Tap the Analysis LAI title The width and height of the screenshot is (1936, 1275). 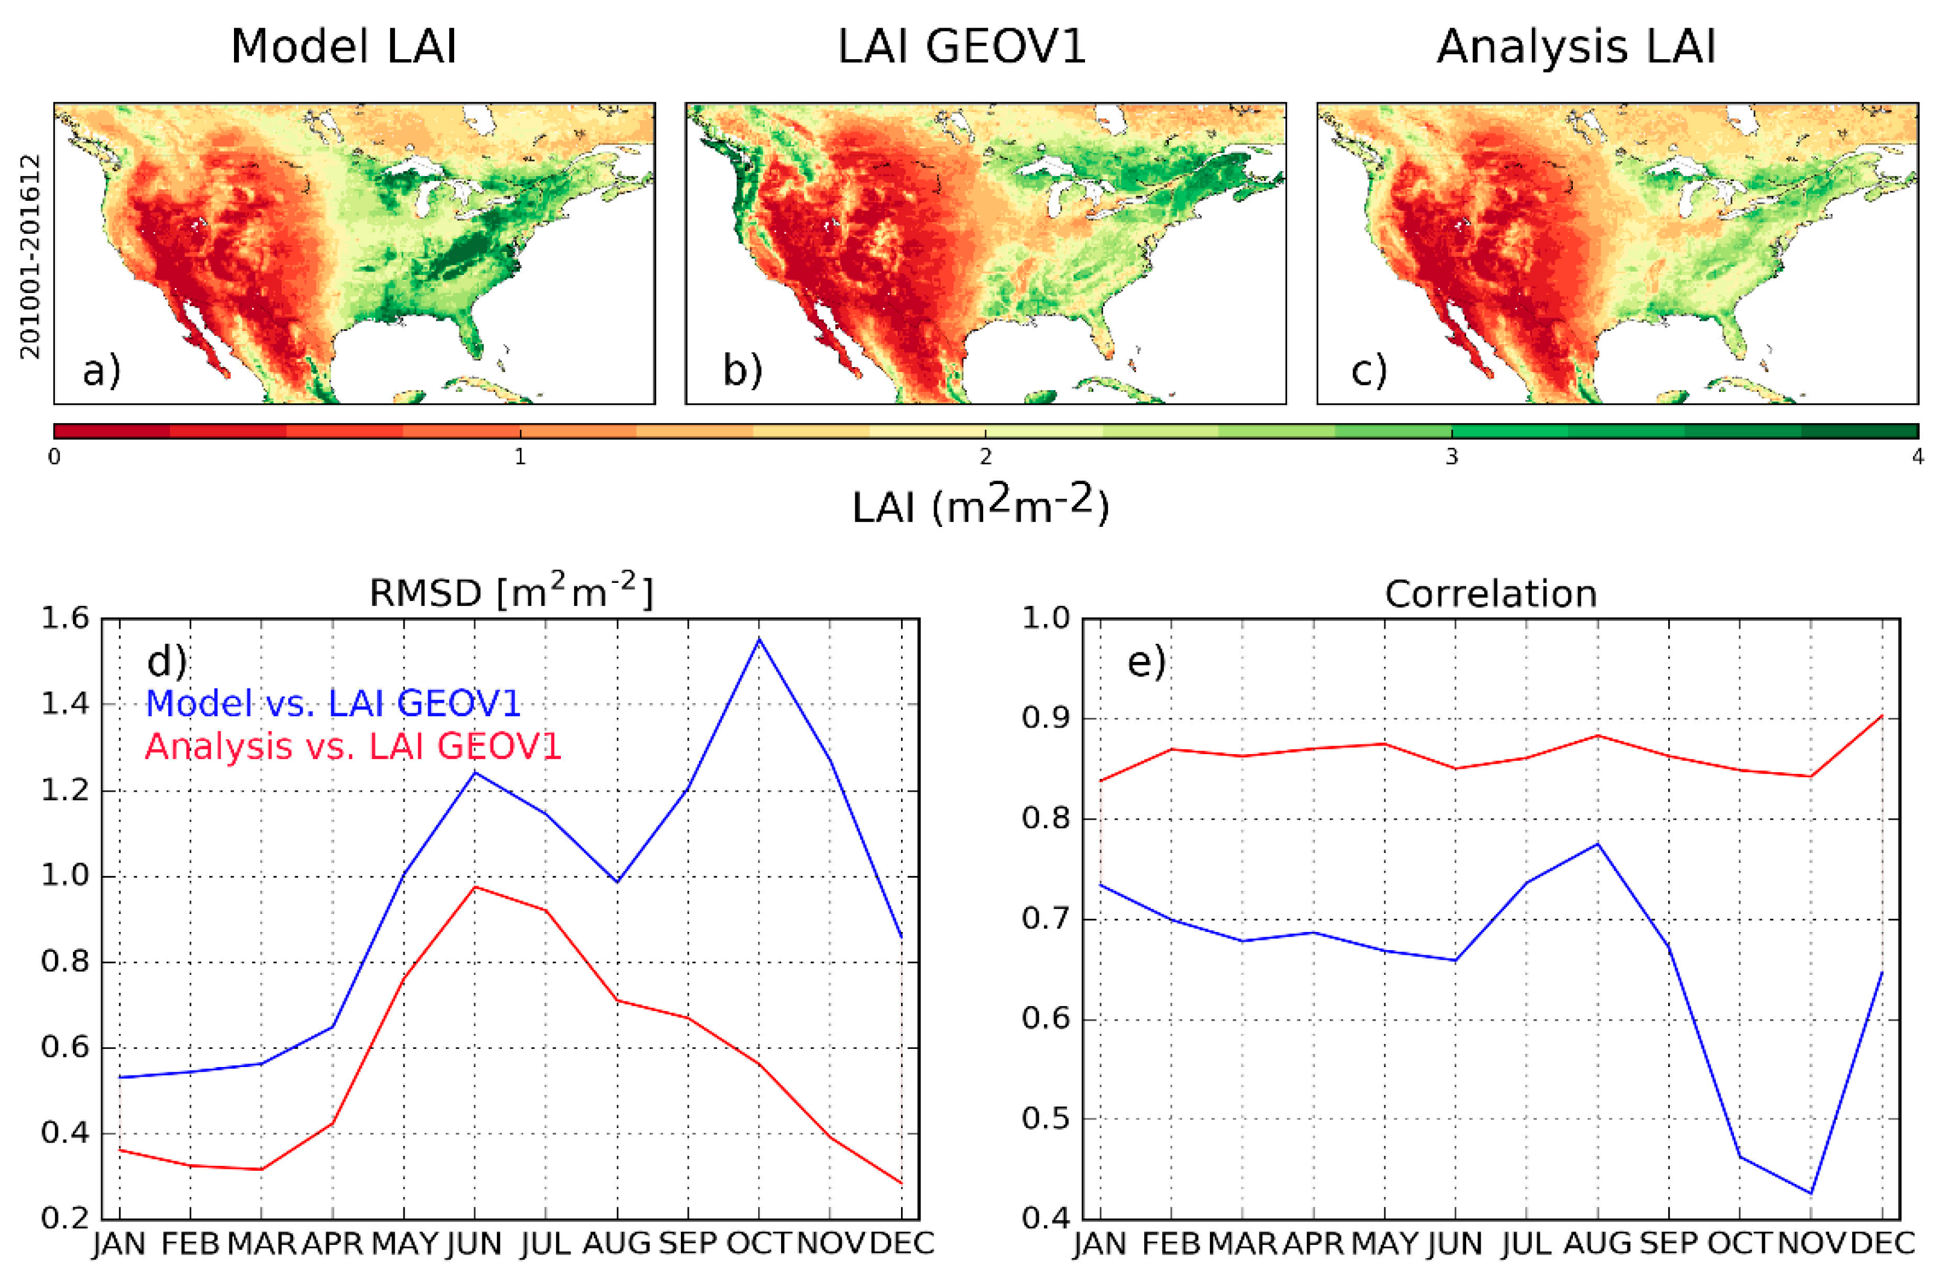point(1577,46)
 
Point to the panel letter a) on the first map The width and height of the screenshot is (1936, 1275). point(101,371)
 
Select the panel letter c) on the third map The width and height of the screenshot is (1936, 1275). point(1369,371)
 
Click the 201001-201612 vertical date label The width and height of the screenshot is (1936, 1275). point(30,256)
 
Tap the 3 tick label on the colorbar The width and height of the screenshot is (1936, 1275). point(1451,457)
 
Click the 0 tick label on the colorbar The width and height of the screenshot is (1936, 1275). point(54,457)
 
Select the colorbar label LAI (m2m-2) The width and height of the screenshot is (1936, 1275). point(980,506)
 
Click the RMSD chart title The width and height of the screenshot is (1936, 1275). point(511,593)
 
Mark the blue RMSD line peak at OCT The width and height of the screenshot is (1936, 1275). point(759,639)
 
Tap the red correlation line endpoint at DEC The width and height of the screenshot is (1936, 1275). point(1882,716)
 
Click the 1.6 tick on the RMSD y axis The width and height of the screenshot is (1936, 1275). point(65,619)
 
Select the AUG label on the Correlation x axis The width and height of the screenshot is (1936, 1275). point(1598,1243)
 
